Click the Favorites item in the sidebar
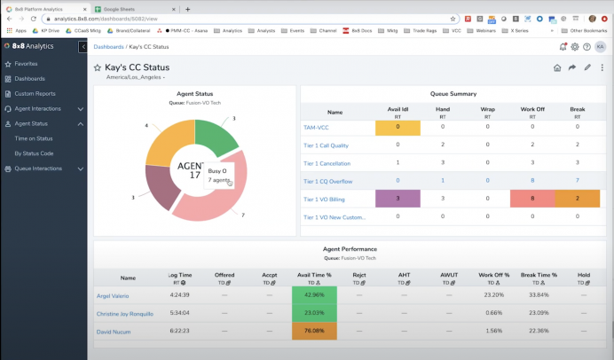pos(26,64)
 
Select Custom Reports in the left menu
pos(35,93)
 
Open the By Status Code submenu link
pos(34,153)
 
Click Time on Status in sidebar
pos(33,138)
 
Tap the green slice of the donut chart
pos(217,137)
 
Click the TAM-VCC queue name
pos(316,128)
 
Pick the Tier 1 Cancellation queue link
pos(327,163)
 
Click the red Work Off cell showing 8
pos(531,199)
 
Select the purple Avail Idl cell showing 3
pos(398,199)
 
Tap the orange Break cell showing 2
pos(578,199)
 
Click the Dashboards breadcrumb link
pos(109,46)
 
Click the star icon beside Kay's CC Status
pos(98,67)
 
